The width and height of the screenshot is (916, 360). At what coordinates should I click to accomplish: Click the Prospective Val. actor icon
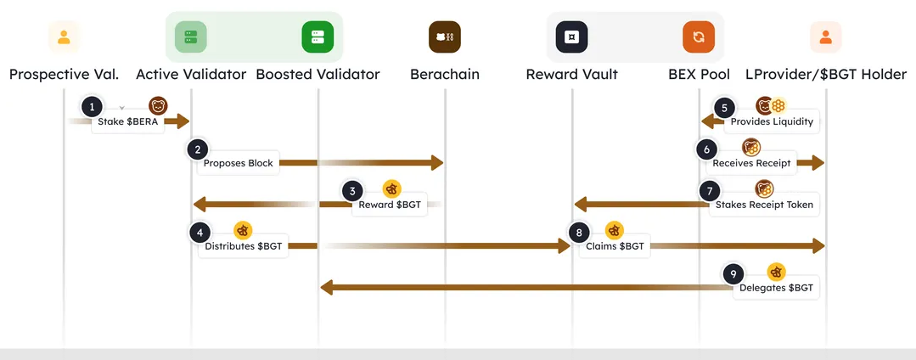64,37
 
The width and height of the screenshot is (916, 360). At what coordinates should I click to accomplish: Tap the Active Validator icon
191,37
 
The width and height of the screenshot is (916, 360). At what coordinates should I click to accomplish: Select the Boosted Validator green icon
318,37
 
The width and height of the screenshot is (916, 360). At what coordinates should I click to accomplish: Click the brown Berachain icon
445,37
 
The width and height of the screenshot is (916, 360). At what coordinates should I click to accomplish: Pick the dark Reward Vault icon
572,37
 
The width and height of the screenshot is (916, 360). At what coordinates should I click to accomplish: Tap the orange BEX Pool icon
699,37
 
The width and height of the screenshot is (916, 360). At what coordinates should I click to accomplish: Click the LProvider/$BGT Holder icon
825,37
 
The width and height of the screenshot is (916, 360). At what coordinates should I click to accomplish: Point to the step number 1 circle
92,107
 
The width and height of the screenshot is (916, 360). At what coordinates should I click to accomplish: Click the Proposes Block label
239,163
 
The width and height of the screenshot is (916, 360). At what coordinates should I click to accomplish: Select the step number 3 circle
352,191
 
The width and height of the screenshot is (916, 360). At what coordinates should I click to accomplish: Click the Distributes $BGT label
244,247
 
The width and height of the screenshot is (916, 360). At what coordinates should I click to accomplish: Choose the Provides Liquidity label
772,121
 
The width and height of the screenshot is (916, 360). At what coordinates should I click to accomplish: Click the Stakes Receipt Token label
764,205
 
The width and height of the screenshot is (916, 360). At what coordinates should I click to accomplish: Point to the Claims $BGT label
615,247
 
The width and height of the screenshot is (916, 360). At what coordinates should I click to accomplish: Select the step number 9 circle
733,274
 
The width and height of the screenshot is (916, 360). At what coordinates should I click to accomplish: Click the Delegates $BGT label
776,289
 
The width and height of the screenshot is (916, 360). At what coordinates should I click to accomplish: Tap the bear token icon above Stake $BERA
158,106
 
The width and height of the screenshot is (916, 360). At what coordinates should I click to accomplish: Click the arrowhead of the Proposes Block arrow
436,162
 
